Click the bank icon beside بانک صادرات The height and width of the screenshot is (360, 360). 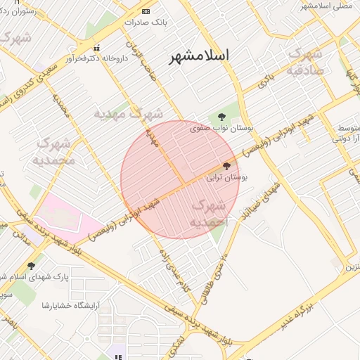(x=146, y=11)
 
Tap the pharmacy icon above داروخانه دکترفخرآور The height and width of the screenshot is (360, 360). (x=96, y=49)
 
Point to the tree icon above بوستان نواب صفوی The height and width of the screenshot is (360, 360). (x=222, y=117)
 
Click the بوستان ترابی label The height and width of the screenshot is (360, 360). (x=227, y=178)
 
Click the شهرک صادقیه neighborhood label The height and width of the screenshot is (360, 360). (x=305, y=60)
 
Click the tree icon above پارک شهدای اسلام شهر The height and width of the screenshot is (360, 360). (x=31, y=266)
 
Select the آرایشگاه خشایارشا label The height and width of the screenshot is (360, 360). (x=71, y=304)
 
